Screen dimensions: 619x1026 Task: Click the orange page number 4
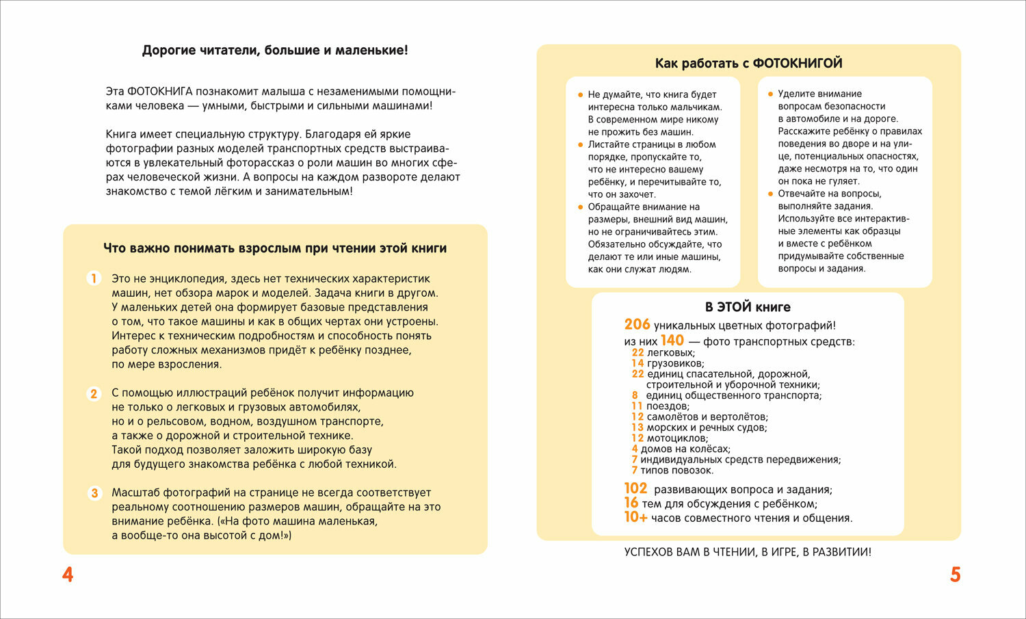click(x=68, y=575)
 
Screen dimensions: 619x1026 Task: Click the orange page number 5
click(x=956, y=575)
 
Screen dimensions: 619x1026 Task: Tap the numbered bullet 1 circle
click(x=94, y=278)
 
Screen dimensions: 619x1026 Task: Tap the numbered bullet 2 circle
click(x=94, y=393)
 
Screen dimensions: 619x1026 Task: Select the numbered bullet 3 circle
click(x=94, y=492)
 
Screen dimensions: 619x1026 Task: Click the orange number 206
click(x=637, y=325)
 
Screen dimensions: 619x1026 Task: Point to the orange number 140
click(x=672, y=341)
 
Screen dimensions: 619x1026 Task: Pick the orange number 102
click(x=635, y=488)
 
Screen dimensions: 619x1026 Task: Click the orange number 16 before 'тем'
click(x=631, y=503)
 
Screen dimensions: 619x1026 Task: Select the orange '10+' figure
click(x=635, y=517)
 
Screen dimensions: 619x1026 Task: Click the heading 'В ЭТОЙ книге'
click(x=748, y=307)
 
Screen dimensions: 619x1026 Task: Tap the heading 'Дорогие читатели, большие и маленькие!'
click(x=275, y=50)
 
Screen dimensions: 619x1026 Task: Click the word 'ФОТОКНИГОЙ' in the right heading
click(x=797, y=64)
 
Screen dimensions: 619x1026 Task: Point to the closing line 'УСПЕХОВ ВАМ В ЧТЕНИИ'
click(x=748, y=552)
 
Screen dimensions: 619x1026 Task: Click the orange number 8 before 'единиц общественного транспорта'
click(x=635, y=395)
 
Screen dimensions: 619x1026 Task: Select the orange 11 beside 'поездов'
click(x=637, y=406)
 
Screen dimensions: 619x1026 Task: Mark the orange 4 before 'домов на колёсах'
click(x=635, y=449)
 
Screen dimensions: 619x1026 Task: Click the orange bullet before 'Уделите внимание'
click(x=770, y=94)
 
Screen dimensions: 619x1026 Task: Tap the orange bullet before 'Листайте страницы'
click(x=581, y=144)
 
